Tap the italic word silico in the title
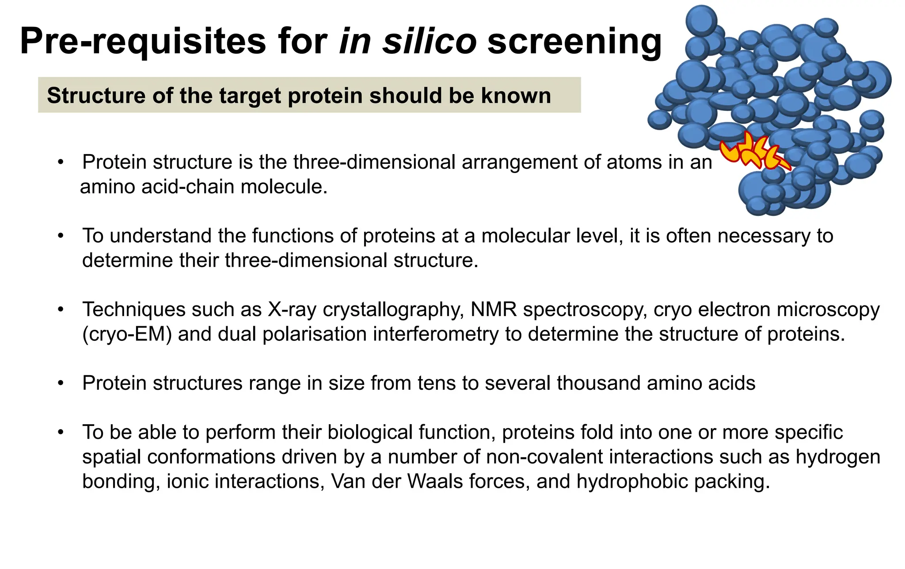pyautogui.click(x=430, y=41)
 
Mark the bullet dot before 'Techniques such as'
pyautogui.click(x=61, y=309)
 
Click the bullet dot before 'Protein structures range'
pyautogui.click(x=61, y=383)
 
